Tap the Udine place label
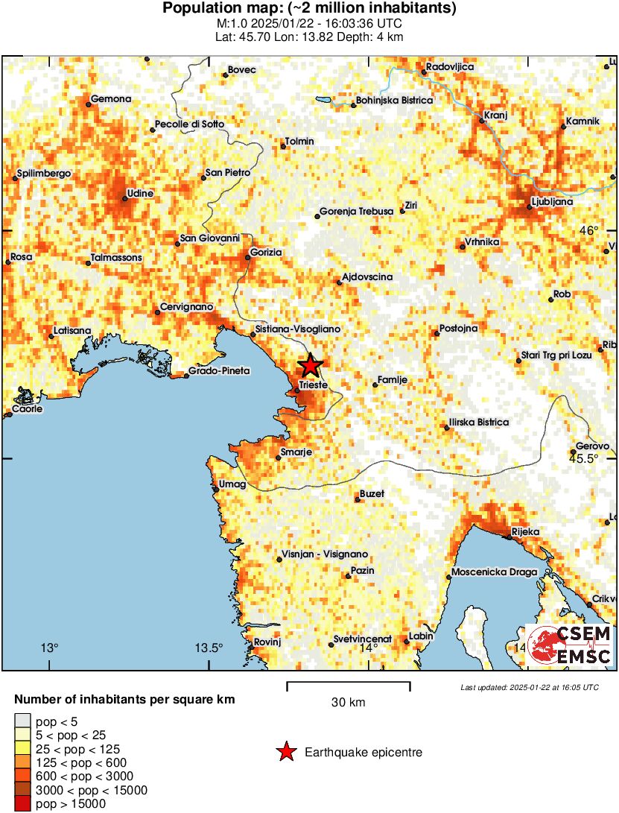140,194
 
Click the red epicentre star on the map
311,366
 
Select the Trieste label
314,385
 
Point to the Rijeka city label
525,532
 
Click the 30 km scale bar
348,683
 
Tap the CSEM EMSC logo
570,645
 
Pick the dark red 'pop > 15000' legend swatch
22,803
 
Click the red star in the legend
285,753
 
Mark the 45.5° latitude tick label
585,458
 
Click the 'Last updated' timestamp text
530,687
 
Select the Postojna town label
460,329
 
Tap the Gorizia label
267,253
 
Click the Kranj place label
495,116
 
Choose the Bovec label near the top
242,70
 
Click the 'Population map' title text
309,9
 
